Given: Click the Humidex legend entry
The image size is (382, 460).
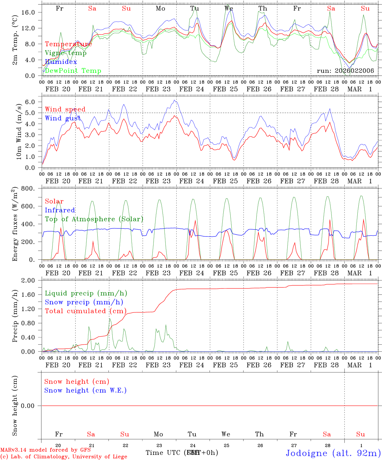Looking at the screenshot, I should click(61, 62).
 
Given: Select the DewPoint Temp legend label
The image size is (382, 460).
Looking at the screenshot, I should click(73, 71).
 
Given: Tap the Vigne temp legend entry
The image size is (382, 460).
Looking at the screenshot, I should click(66, 53).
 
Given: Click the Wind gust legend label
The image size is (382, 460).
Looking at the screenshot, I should click(63, 118).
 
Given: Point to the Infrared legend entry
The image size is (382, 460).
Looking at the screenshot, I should click(60, 210).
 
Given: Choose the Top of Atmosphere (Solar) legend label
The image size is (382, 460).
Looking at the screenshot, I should click(94, 219).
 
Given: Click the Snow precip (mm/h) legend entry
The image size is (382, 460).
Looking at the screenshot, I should click(84, 302).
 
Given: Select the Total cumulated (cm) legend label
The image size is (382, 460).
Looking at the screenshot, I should click(85, 311).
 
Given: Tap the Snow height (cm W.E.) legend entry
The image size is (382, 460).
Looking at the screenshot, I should click(85, 390).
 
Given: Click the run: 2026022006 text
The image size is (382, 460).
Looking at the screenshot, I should click(345, 71).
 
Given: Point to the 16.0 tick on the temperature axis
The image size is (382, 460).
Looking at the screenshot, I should click(33, 12).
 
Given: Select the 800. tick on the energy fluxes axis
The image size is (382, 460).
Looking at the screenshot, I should click(32, 188).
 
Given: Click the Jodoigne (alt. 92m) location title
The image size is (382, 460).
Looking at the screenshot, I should click(333, 453).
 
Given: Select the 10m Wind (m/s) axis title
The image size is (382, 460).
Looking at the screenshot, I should click(18, 132).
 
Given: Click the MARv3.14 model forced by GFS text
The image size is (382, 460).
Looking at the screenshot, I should click(45, 450).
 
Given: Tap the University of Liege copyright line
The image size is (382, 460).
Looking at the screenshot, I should click(64, 456).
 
